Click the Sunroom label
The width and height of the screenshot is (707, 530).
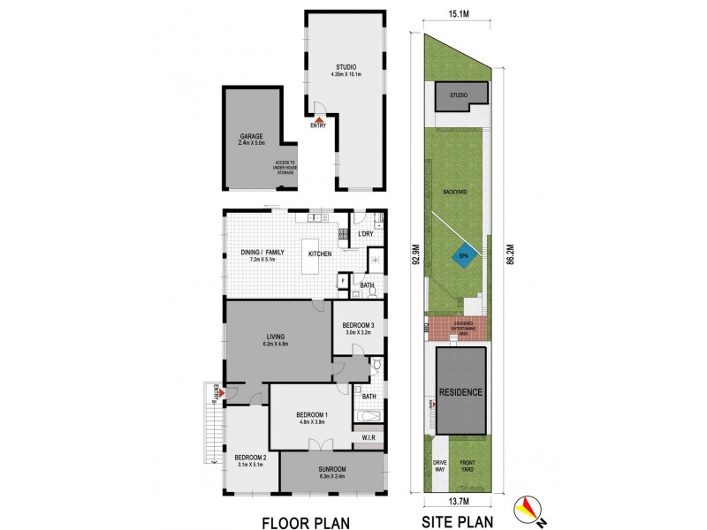332,469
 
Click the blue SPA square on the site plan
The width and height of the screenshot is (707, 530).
463,256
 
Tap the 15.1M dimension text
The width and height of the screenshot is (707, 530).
458,14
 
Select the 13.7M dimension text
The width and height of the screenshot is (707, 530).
458,502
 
